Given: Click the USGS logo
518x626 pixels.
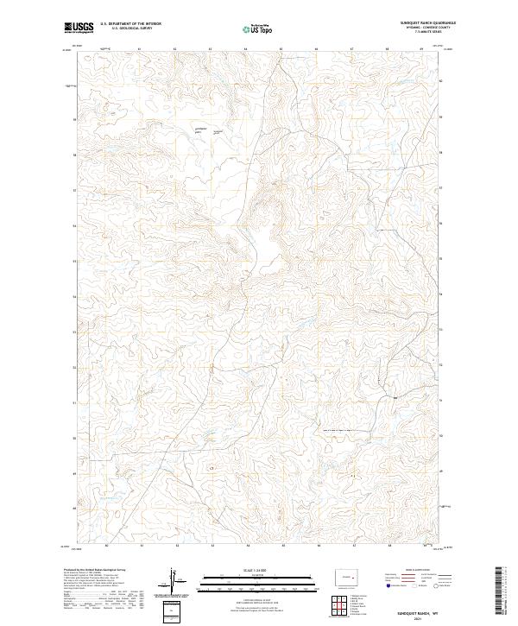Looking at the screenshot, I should click(x=79, y=28).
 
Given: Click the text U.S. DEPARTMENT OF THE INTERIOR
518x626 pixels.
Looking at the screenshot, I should click(x=130, y=24).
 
